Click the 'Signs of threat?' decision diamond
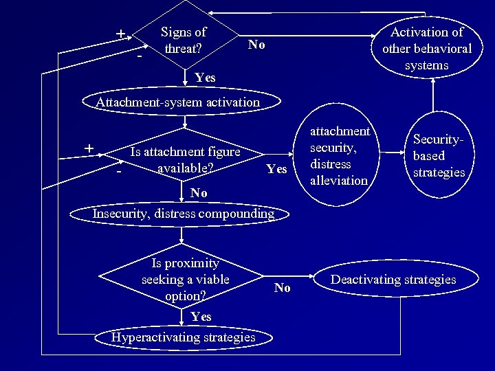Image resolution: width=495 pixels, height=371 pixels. point(184,39)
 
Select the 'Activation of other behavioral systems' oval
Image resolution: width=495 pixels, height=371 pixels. point(426,48)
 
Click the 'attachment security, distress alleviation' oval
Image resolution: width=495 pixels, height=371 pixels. point(339,156)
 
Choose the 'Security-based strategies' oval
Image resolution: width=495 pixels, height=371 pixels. point(439,156)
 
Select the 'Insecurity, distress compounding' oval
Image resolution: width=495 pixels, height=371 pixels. point(183,214)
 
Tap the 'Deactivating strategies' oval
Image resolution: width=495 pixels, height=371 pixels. point(393,280)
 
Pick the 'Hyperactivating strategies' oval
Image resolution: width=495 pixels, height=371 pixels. point(184,337)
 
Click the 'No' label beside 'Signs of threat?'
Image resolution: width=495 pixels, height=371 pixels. point(256,45)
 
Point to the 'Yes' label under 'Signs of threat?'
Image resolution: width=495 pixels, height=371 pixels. point(205,78)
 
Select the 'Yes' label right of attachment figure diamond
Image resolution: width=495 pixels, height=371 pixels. point(276,169)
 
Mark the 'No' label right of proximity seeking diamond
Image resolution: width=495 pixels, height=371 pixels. point(282,288)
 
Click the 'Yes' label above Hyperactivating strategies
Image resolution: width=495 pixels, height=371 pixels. point(201,317)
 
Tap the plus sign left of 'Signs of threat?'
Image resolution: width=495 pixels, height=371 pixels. point(120,34)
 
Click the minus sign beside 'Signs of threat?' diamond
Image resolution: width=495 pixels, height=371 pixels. point(140,55)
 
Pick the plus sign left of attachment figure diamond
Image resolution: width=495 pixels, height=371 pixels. point(89,148)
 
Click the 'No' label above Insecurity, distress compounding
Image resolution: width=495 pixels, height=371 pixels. point(199,193)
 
